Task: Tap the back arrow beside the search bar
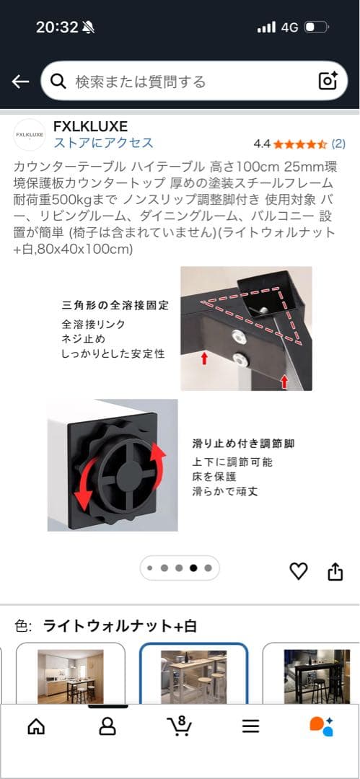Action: point(20,82)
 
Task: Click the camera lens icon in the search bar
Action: point(328,81)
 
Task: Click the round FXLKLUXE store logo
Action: point(30,134)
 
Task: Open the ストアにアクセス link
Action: point(103,142)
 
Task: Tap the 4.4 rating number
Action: point(262,144)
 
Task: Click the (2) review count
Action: point(338,144)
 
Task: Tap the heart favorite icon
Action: point(298,571)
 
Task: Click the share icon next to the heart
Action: point(335,571)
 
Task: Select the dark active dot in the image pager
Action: point(193,568)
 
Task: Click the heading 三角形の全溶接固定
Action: point(115,305)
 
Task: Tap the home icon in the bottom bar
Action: point(35,726)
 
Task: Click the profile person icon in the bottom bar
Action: point(107,726)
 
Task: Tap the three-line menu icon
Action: point(250,726)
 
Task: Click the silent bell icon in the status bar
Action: point(88,27)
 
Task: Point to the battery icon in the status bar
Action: point(316,27)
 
